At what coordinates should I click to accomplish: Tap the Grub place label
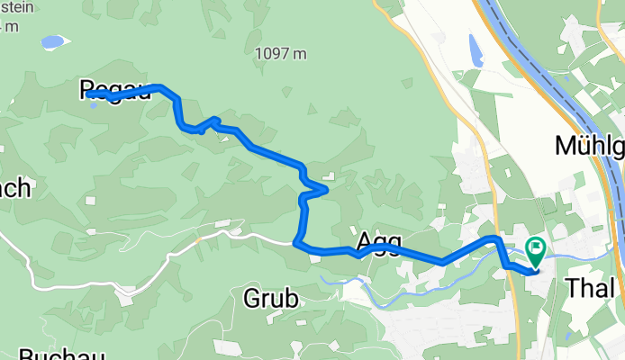(x=270, y=299)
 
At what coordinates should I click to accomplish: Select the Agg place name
(x=378, y=241)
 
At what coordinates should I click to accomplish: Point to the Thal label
(x=593, y=289)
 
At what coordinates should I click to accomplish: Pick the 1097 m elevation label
(x=280, y=54)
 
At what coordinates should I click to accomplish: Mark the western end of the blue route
(x=89, y=94)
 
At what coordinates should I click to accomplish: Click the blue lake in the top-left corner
(x=52, y=42)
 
